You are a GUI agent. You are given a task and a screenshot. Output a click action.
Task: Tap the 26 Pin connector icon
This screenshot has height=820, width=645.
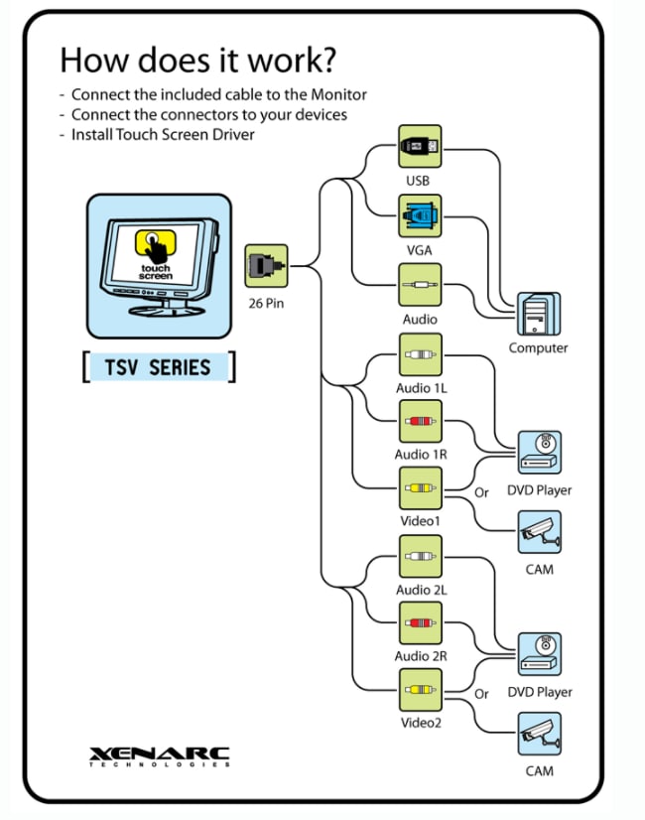[266, 266]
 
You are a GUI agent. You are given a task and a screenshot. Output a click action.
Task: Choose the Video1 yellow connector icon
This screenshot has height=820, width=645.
[420, 488]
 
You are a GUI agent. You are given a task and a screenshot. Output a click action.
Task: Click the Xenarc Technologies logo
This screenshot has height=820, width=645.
[159, 755]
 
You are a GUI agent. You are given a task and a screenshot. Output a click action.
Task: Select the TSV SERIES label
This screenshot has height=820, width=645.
[158, 367]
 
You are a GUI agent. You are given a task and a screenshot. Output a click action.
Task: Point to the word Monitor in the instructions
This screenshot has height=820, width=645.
[336, 94]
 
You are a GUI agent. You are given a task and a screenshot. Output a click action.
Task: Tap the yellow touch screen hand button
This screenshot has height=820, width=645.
[157, 244]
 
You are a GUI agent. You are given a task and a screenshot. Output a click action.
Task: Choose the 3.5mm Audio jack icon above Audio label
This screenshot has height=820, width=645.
[420, 285]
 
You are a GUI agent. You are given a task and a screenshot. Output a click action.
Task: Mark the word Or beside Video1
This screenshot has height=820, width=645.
[482, 492]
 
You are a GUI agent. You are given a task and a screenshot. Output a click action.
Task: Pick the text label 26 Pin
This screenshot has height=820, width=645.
[266, 303]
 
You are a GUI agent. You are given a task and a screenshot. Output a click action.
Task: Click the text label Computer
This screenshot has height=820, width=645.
[539, 348]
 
